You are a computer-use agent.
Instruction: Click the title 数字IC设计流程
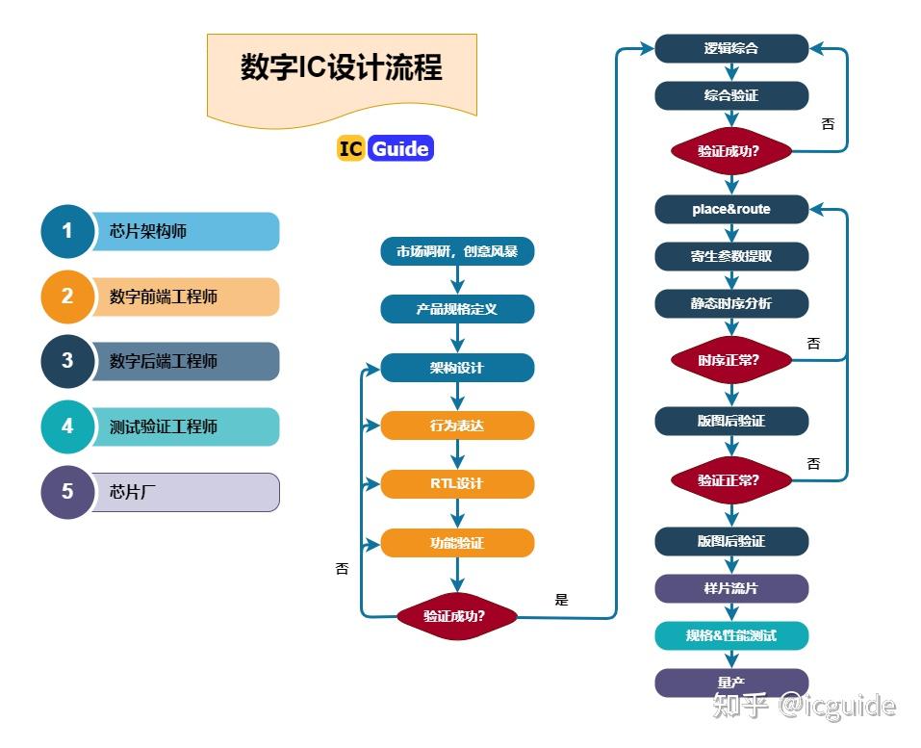pos(342,69)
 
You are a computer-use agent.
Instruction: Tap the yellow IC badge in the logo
pos(350,148)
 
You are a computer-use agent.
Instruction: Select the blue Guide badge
pos(399,148)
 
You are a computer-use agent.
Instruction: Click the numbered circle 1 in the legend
pos(67,231)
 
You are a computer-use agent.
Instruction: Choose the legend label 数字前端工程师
pos(164,297)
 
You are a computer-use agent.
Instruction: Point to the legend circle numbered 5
pos(67,492)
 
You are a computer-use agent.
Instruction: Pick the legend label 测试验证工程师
pos(164,426)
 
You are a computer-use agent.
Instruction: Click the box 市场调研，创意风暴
pos(457,252)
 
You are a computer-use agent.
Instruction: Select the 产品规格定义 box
pos(457,309)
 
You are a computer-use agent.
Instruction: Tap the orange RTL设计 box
pos(457,484)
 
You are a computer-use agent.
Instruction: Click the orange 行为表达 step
pos(457,426)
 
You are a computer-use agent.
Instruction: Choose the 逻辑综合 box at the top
pos(731,48)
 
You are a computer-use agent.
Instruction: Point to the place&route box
pos(731,209)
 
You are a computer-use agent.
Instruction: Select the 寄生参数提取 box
pos(731,256)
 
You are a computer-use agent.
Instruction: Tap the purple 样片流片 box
pos(731,588)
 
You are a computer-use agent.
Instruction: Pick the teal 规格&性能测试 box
pos(731,635)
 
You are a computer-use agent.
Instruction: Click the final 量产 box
pos(731,683)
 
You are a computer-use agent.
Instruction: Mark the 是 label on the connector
pos(562,600)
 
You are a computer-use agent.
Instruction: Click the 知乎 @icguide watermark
pos(803,706)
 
